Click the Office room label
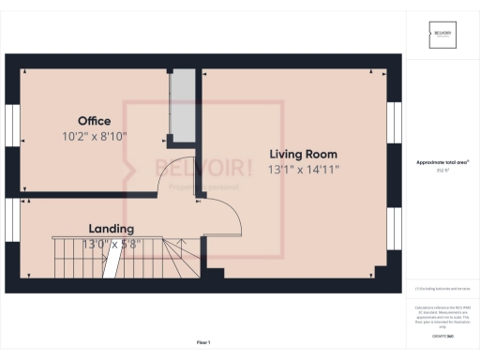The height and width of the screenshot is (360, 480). click(x=94, y=121)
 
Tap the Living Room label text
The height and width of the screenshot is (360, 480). click(x=303, y=154)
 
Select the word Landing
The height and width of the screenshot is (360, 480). click(x=111, y=229)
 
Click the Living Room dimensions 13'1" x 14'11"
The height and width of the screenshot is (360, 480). click(x=303, y=170)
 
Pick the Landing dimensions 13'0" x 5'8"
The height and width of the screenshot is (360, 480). click(x=111, y=244)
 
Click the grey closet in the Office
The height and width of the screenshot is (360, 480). click(x=179, y=102)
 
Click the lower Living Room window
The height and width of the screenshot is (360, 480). click(x=395, y=234)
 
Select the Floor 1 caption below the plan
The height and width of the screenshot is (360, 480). click(x=203, y=342)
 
